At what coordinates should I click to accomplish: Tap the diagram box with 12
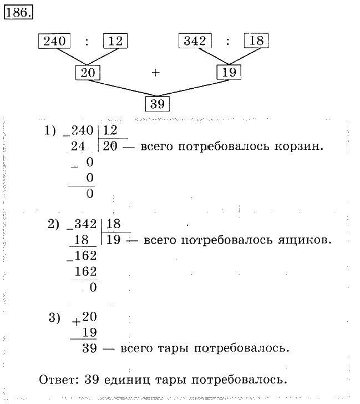tap(115, 41)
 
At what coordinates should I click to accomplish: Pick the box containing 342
tap(194, 41)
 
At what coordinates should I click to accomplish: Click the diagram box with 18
tap(256, 41)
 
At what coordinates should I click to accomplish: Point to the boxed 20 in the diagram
tap(87, 72)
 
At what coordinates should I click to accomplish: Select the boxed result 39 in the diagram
tap(157, 104)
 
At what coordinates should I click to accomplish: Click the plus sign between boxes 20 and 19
tap(156, 72)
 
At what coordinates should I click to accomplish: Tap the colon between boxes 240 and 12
tap(86, 41)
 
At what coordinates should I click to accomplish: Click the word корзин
tap(303, 147)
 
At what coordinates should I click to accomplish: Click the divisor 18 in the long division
tap(113, 224)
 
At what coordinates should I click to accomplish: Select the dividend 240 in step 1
tap(80, 132)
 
